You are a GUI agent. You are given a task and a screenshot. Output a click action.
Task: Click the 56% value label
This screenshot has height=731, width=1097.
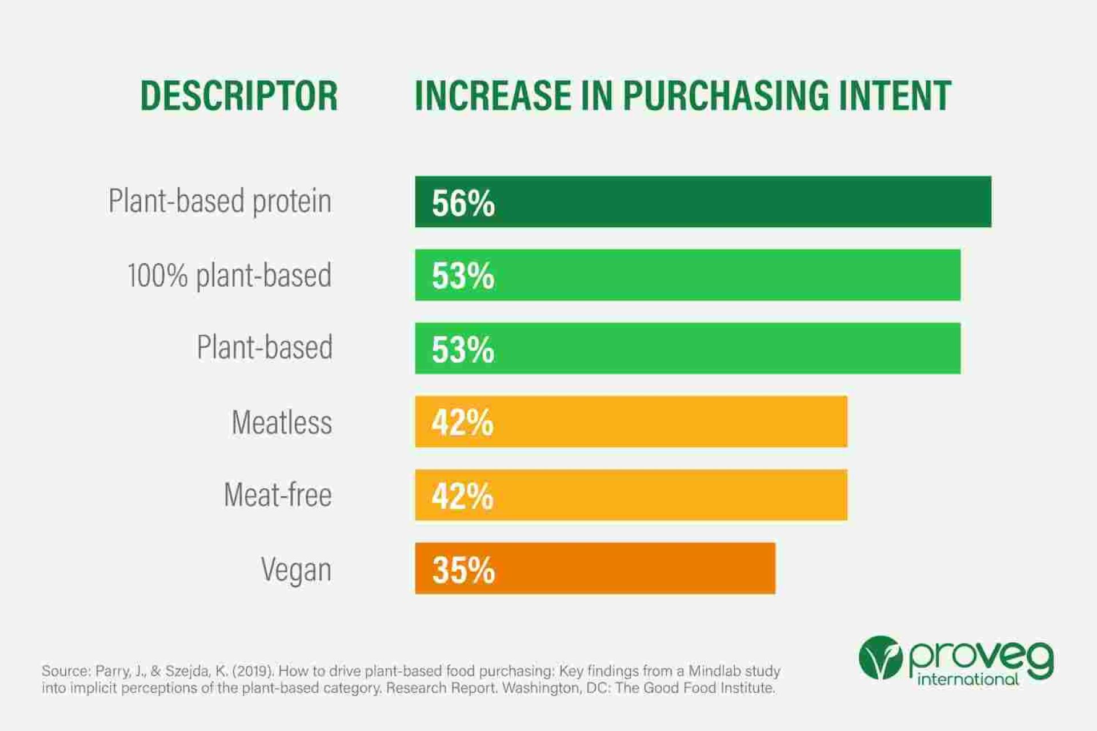(x=463, y=203)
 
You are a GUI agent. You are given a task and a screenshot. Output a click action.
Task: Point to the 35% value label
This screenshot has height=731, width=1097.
(x=463, y=569)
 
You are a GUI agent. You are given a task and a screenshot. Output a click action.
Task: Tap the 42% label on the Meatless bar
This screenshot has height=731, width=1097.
(x=462, y=423)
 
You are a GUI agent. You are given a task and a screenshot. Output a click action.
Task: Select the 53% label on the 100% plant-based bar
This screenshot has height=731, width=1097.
(x=463, y=276)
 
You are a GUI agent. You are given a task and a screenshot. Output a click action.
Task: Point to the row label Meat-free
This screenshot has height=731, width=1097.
(x=278, y=495)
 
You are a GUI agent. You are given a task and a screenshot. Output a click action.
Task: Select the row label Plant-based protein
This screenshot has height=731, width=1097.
(x=220, y=201)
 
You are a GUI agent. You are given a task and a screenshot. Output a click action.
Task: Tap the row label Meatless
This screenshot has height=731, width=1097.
(x=282, y=423)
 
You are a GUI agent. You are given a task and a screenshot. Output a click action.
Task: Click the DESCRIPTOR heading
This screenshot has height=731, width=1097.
(x=239, y=95)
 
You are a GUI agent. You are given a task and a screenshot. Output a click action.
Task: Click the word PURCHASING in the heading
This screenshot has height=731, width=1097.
(x=726, y=95)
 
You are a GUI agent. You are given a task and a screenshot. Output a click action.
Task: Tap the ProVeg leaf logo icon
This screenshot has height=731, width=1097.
(x=880, y=658)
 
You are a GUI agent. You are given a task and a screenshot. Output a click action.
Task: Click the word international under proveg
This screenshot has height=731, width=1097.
(x=968, y=680)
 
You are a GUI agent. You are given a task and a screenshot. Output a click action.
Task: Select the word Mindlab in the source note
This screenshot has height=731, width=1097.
(x=713, y=671)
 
